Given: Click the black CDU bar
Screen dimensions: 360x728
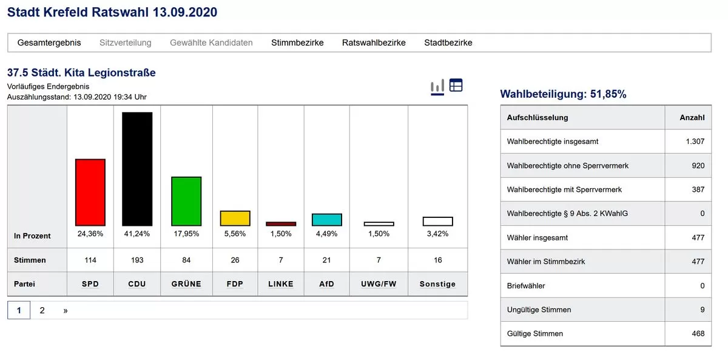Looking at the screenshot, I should click(x=137, y=169).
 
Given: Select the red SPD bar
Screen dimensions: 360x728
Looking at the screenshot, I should click(x=90, y=192).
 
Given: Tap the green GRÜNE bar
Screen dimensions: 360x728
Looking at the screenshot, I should click(x=186, y=201).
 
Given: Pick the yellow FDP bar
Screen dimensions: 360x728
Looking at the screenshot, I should click(x=235, y=219).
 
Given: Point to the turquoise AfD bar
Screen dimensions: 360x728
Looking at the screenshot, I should click(x=327, y=220).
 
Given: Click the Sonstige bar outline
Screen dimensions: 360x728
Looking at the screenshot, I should click(x=437, y=221).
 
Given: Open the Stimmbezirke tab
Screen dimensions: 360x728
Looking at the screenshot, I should click(x=297, y=42).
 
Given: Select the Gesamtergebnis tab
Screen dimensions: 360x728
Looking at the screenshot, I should click(x=49, y=42).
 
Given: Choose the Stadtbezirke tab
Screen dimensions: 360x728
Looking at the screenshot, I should click(x=448, y=42).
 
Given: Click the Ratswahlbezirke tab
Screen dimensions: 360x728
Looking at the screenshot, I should click(x=374, y=42).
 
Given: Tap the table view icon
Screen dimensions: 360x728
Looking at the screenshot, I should click(x=456, y=86).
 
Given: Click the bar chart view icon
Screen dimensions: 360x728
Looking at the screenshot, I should click(x=437, y=86).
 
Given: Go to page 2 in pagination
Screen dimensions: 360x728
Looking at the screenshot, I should click(x=42, y=310).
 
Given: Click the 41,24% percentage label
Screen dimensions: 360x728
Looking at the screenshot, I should click(x=137, y=234).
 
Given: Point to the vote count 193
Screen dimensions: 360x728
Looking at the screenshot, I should click(x=137, y=260).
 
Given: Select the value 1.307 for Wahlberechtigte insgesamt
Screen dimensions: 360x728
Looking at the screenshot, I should click(x=694, y=141).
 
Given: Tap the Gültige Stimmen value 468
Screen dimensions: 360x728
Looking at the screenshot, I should click(x=697, y=333).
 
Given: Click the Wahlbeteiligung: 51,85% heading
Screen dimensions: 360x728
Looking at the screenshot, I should click(x=563, y=94).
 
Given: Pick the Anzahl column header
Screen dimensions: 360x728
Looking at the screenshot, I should click(x=692, y=117).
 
